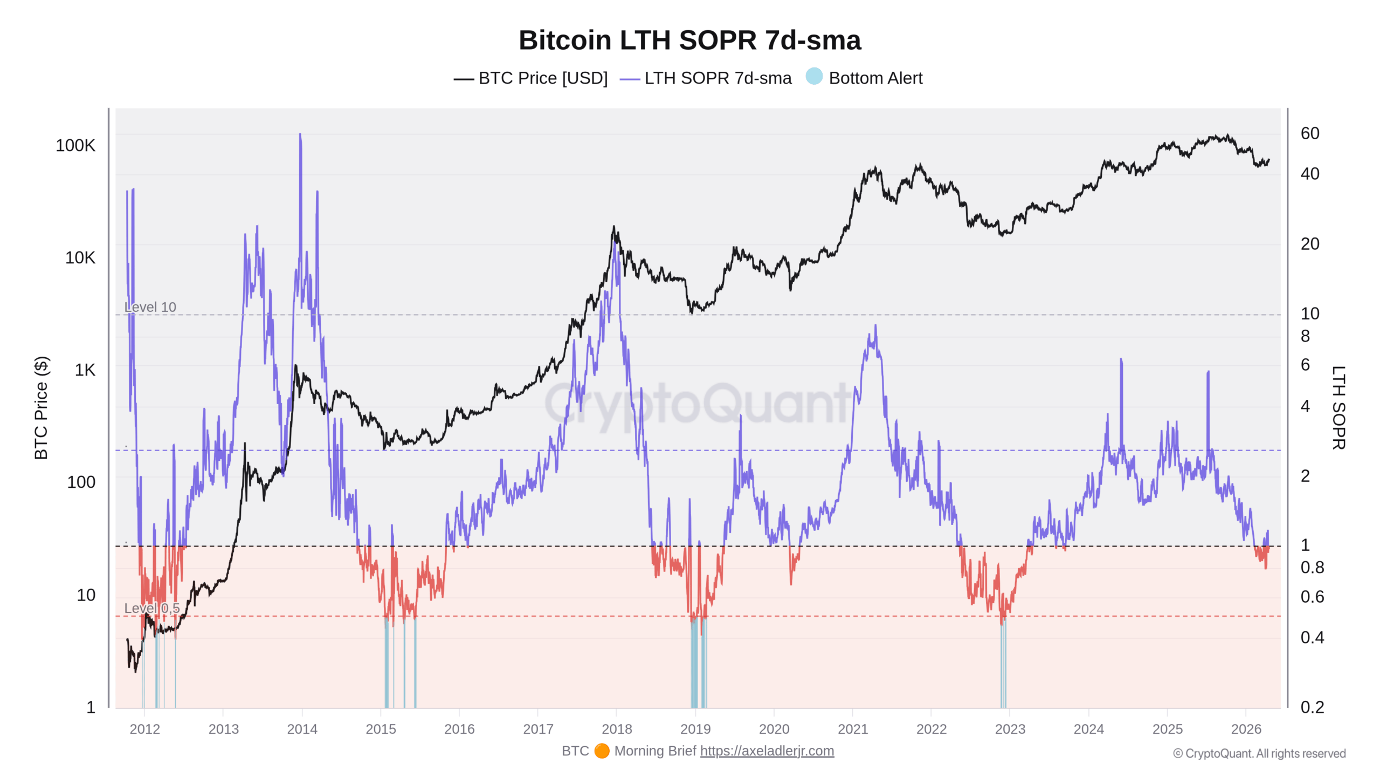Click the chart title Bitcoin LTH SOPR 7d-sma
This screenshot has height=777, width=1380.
[689, 40]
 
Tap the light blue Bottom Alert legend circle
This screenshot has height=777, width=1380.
[814, 77]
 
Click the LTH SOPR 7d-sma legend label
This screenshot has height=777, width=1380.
[717, 78]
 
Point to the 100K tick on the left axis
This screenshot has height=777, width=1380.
[75, 146]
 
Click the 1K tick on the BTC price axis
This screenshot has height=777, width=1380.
[85, 370]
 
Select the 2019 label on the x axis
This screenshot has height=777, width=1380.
[695, 729]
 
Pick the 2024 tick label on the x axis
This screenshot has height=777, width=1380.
[1088, 729]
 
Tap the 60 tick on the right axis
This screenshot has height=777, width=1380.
[1310, 133]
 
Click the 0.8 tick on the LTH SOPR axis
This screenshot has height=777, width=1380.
[1312, 568]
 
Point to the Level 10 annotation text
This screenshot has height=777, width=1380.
[150, 307]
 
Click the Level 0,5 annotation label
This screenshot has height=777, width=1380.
[151, 608]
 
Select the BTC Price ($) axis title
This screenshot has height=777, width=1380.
[41, 408]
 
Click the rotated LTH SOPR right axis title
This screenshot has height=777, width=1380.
[1338, 408]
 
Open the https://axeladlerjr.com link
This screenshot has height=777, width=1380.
[767, 751]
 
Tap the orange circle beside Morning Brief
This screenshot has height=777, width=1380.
[602, 751]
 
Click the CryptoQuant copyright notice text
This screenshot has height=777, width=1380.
[1259, 754]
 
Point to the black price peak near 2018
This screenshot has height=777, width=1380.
[613, 228]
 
